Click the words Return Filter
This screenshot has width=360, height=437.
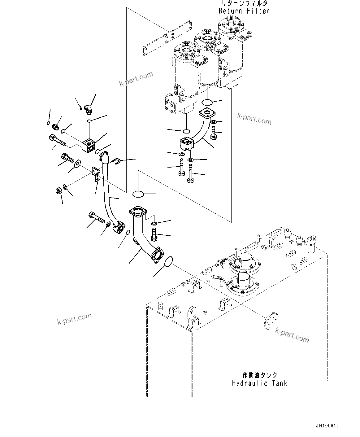244,11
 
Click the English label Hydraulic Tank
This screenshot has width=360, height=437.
259,383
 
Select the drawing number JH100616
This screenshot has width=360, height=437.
327,426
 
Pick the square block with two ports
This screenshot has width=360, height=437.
89,146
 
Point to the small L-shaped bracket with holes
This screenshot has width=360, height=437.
96,172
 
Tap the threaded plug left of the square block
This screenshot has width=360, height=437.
56,127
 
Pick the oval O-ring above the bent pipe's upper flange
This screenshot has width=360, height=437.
138,194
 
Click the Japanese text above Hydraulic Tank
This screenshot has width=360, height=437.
259,375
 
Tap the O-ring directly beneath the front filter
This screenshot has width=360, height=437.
186,131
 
